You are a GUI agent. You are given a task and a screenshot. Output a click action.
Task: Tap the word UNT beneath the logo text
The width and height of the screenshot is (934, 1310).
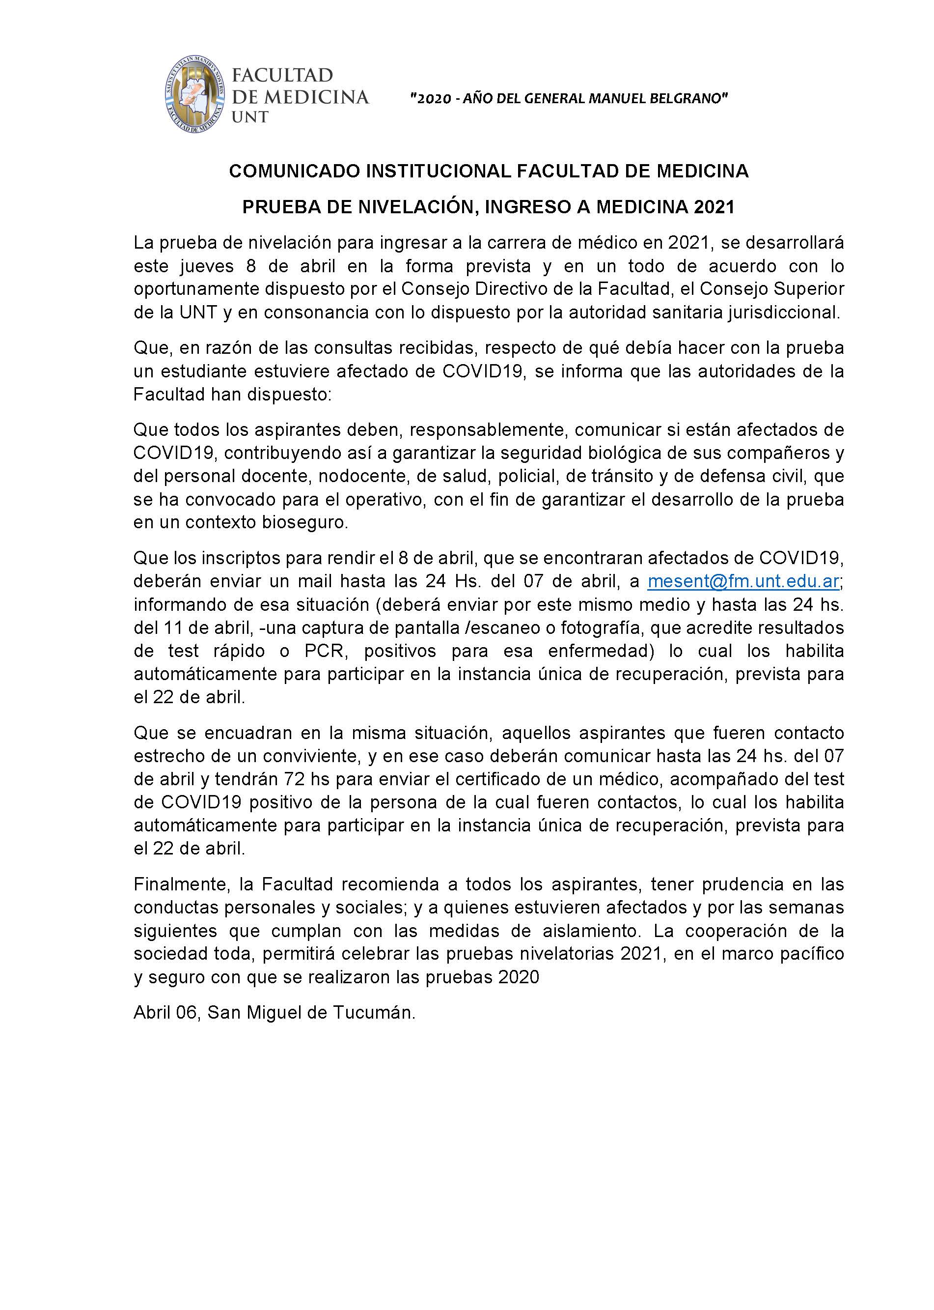tap(249, 117)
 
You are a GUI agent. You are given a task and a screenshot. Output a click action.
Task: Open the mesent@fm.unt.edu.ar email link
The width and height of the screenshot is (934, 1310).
tap(743, 582)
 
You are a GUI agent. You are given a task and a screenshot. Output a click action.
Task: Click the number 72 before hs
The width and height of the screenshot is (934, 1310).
tap(296, 779)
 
